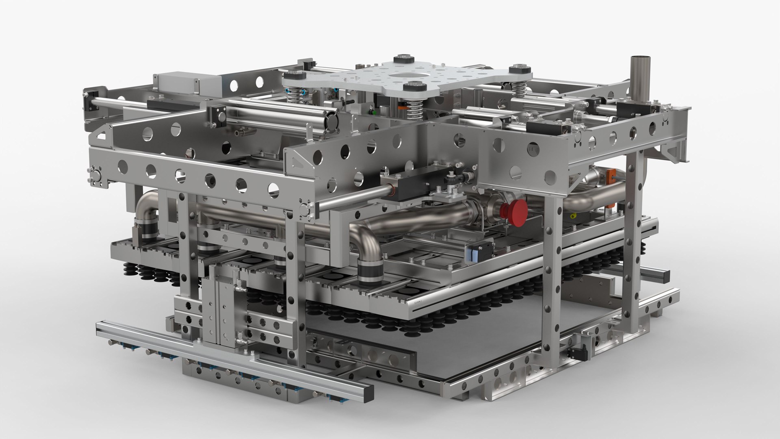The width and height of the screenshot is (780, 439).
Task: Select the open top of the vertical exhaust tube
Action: point(641,59)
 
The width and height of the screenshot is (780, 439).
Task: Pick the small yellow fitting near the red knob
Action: point(573,215)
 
